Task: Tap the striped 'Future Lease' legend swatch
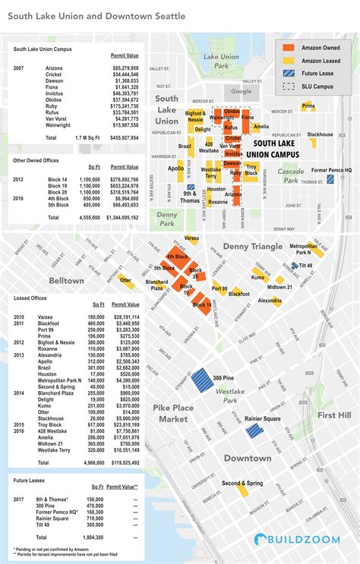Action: pyautogui.click(x=289, y=74)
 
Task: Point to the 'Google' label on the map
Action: pyautogui.click(x=242, y=91)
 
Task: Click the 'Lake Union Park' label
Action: pyautogui.click(x=221, y=61)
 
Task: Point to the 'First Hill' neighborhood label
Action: pyautogui.click(x=333, y=415)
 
